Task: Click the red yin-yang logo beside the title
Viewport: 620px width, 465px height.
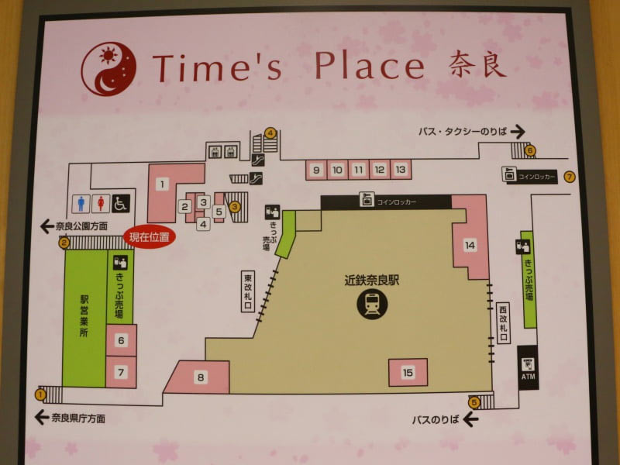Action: click(x=108, y=68)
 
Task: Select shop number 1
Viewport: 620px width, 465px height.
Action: click(x=161, y=184)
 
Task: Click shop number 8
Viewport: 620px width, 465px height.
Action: click(x=201, y=377)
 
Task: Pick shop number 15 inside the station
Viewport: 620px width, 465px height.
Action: click(x=408, y=373)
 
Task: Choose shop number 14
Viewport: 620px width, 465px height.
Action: click(x=470, y=245)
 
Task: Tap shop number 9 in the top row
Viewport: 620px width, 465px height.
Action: click(x=315, y=169)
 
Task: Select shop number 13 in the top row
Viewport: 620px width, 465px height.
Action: click(x=400, y=169)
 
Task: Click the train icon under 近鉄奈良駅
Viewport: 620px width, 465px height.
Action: click(x=373, y=304)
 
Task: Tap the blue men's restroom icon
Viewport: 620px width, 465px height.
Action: click(x=82, y=203)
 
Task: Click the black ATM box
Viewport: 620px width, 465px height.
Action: click(x=528, y=368)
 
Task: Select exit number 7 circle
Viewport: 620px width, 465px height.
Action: click(x=570, y=177)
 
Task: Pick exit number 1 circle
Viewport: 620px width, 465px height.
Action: click(x=40, y=394)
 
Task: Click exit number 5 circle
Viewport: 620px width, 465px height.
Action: click(x=474, y=401)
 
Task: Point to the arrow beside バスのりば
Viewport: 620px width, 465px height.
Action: click(x=470, y=419)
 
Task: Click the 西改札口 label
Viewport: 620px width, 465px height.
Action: click(x=503, y=322)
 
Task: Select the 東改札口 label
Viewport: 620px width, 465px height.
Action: click(x=248, y=291)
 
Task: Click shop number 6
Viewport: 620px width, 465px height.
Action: click(x=121, y=340)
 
